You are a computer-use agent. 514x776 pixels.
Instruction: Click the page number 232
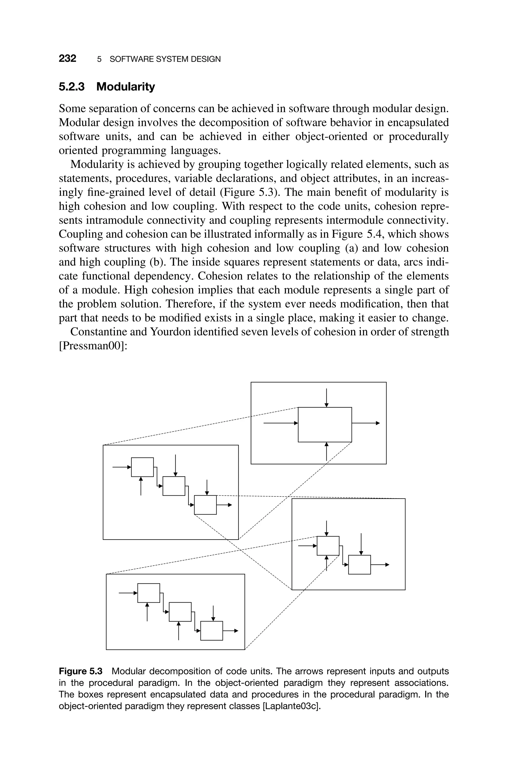click(x=68, y=59)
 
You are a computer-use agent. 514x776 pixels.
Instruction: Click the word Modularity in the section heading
click(x=125, y=87)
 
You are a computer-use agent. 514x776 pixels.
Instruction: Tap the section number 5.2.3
click(x=72, y=87)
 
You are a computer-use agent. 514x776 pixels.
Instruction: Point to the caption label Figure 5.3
click(x=81, y=671)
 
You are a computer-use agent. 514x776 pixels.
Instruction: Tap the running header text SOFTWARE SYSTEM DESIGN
click(x=165, y=59)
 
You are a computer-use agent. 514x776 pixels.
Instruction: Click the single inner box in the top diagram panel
click(x=325, y=425)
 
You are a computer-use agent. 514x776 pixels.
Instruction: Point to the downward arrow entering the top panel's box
click(x=327, y=398)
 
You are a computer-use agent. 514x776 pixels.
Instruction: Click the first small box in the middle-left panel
click(x=142, y=467)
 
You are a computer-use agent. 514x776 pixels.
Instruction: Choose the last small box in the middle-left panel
click(x=205, y=505)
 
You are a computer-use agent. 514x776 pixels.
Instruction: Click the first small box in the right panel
click(x=328, y=546)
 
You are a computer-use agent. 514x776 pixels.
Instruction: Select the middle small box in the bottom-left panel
click(x=180, y=612)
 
